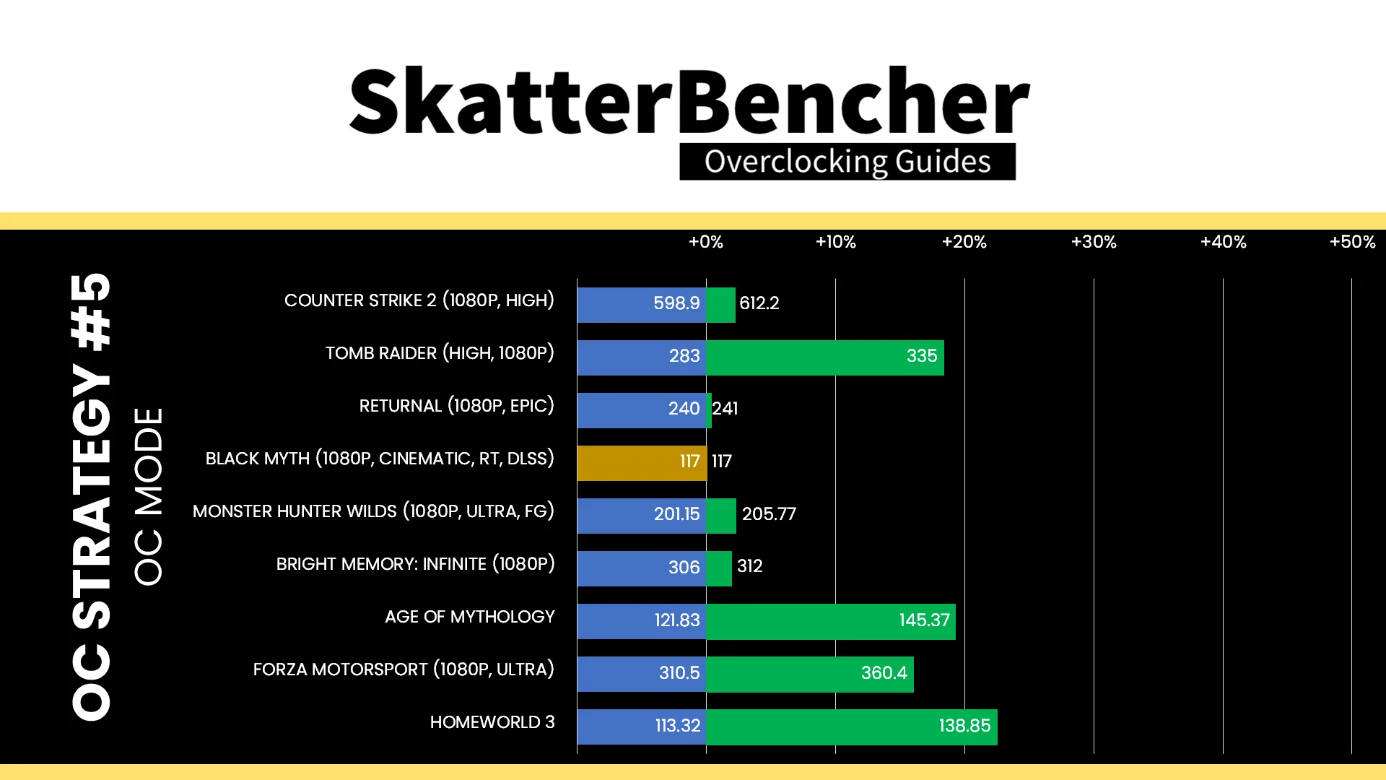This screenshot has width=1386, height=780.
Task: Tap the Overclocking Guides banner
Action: click(847, 162)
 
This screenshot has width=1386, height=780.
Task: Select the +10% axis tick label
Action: click(835, 242)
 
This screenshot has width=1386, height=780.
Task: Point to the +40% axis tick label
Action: click(1223, 242)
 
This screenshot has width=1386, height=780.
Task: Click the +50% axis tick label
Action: click(1352, 242)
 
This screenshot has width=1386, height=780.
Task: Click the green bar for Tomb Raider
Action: click(825, 357)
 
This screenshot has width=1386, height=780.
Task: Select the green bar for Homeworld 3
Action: click(852, 727)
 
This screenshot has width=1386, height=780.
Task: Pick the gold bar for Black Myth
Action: click(642, 463)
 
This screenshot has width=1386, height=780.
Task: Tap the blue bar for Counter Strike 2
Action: click(642, 305)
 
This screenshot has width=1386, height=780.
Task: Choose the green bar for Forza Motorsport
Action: click(810, 674)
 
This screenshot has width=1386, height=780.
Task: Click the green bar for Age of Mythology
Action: click(831, 621)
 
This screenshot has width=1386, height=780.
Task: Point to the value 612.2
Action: click(759, 303)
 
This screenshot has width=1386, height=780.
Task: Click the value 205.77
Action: click(769, 514)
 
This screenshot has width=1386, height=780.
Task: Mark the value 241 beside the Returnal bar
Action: click(725, 409)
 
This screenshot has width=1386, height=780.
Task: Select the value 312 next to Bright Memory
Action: click(750, 566)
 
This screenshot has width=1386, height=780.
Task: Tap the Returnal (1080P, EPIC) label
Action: click(457, 406)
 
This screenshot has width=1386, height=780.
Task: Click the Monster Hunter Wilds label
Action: click(373, 511)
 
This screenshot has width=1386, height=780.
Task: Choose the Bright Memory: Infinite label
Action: click(416, 564)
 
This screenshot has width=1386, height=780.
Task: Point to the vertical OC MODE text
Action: click(149, 496)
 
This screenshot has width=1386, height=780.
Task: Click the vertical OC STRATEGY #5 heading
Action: click(92, 496)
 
